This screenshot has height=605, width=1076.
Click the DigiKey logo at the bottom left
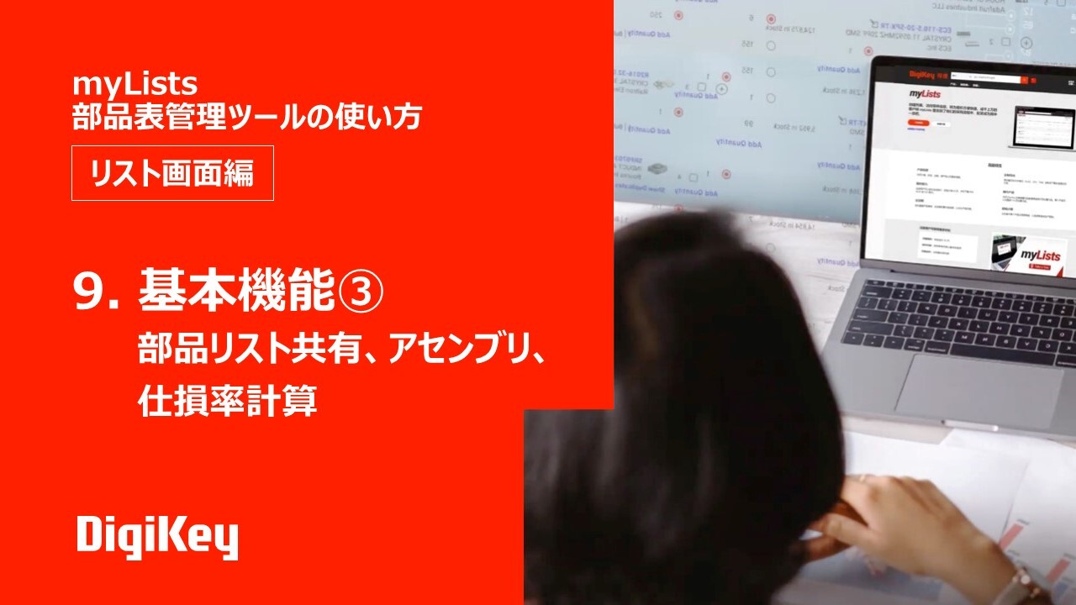click(157, 538)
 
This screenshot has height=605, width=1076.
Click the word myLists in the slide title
click(134, 84)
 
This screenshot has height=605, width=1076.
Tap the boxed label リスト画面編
click(172, 173)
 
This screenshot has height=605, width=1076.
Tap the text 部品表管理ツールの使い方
click(246, 118)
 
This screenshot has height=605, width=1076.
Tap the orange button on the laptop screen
click(920, 123)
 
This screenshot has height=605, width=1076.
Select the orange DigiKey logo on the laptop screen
click(922, 74)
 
